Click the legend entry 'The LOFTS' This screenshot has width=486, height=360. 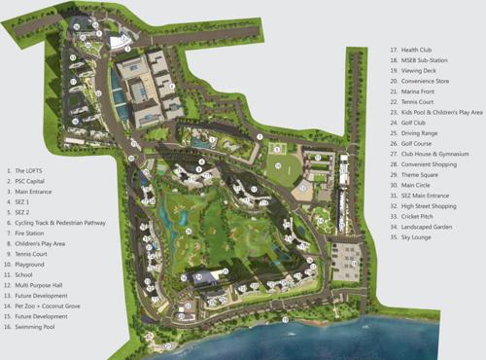click(27, 170)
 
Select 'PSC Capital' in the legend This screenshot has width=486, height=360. click(28, 181)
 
